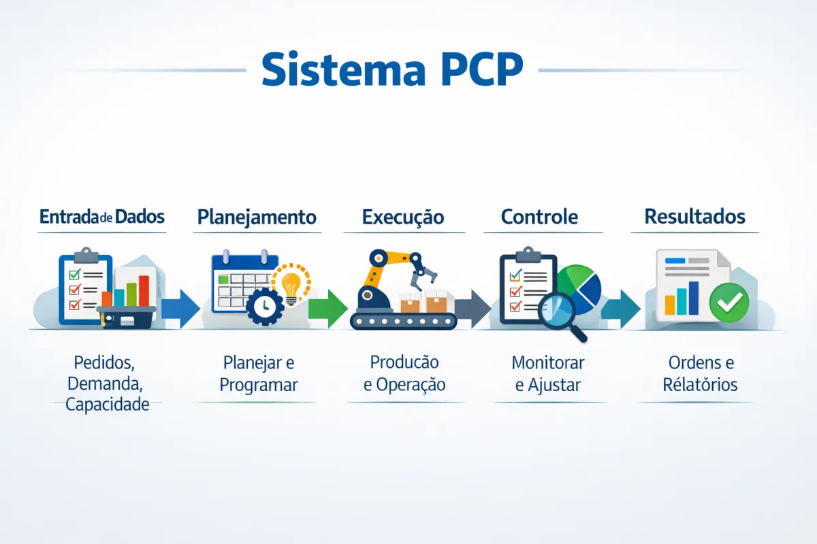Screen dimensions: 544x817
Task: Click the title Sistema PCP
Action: (392, 68)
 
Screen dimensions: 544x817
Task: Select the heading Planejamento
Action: (257, 217)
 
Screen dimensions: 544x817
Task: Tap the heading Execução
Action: (403, 217)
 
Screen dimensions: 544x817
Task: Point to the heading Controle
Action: (539, 217)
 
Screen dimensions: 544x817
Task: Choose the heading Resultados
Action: (694, 217)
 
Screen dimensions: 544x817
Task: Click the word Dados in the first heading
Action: (140, 217)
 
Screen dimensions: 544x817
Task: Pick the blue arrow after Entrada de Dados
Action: (180, 308)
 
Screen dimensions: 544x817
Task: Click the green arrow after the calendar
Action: (327, 308)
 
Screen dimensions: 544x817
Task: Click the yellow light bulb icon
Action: (291, 284)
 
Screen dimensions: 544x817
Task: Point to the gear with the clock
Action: (265, 307)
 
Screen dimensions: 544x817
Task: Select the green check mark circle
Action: (728, 303)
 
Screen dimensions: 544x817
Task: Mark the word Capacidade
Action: (107, 405)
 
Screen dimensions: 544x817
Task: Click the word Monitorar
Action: (547, 362)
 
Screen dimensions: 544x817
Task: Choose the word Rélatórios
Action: (700, 384)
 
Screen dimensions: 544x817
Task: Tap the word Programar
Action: (259, 384)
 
